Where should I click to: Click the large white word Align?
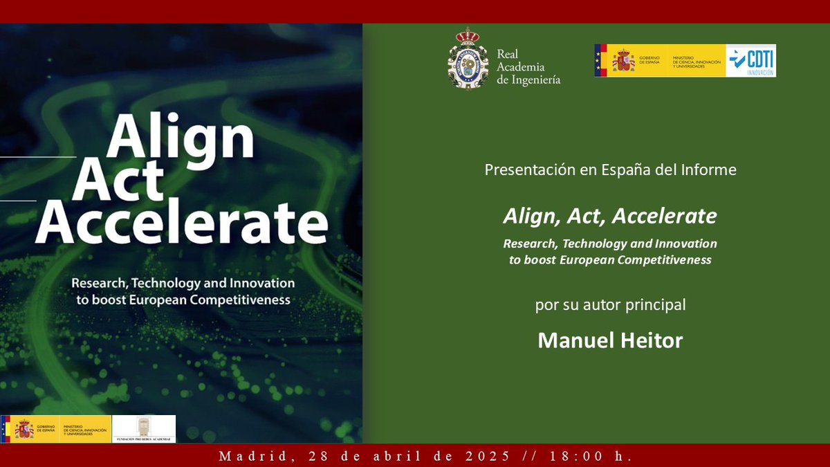pyautogui.click(x=180, y=136)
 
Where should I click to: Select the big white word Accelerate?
pyautogui.click(x=181, y=223)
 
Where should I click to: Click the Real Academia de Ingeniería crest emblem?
pyautogui.click(x=468, y=59)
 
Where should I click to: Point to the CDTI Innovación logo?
pyautogui.click(x=750, y=60)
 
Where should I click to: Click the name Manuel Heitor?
pyautogui.click(x=610, y=340)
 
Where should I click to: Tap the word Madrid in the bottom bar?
pyautogui.click(x=246, y=457)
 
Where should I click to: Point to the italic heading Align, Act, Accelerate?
pyautogui.click(x=610, y=217)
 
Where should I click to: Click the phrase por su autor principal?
pyautogui.click(x=610, y=304)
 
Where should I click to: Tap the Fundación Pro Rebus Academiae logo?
pyautogui.click(x=144, y=429)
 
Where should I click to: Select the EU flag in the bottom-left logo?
pyautogui.click(x=5, y=429)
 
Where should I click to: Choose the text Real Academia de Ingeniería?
pyautogui.click(x=528, y=67)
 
